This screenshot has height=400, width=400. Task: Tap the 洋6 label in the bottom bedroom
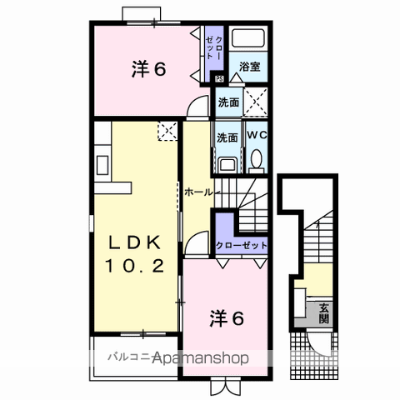227,317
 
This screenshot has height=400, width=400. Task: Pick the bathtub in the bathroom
248,39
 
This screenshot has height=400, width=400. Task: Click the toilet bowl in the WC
257,158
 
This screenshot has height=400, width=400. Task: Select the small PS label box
219,79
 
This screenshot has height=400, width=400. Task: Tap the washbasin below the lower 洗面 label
227,160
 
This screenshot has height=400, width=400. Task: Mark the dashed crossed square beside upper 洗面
256,102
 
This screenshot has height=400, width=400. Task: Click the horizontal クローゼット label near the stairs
242,245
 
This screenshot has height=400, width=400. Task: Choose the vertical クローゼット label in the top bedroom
219,47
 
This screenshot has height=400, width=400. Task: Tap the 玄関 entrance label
323,312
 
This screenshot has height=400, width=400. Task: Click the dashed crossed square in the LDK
167,130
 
